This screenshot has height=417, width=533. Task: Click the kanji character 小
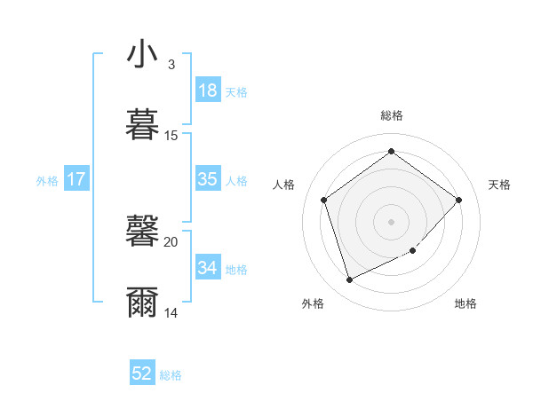pos(142,54)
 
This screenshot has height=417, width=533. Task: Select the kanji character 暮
pos(142,123)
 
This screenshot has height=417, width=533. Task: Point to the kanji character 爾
pos(142,302)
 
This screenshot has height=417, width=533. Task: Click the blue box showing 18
pos(207,90)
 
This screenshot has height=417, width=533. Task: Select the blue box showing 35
pos(207,179)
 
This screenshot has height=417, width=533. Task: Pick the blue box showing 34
pos(207,267)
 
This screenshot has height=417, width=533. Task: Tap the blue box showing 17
pos(76,179)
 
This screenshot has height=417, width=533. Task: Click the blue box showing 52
pos(142,374)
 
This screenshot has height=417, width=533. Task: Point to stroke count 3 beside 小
pos(171,65)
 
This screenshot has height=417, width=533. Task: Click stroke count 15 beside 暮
pos(171,136)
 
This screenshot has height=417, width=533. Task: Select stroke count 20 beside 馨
pos(171,241)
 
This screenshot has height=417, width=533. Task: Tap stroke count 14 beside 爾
pos(171,312)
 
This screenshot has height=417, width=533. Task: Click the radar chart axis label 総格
pos(391,115)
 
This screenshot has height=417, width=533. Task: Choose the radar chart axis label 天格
pos(499,185)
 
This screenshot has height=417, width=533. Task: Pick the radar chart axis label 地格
pos(465,303)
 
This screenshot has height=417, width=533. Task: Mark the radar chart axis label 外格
pos(313,303)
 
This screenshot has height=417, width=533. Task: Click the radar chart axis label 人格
pos(283,185)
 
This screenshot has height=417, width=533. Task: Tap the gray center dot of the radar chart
pos(391,221)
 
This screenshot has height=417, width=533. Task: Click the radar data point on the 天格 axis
pos(458,200)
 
